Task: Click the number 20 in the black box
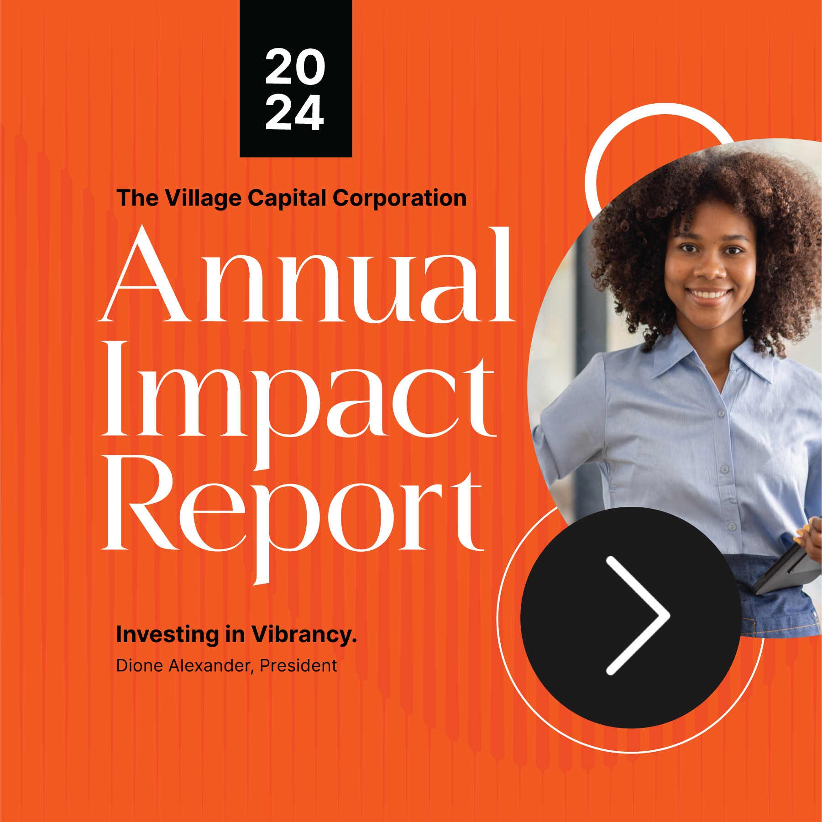click(295, 67)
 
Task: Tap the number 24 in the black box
click(295, 113)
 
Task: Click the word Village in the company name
click(203, 199)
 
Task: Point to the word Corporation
click(399, 198)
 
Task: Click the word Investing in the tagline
click(168, 635)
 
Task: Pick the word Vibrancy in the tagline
click(304, 635)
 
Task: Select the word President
click(298, 666)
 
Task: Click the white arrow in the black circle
click(638, 615)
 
